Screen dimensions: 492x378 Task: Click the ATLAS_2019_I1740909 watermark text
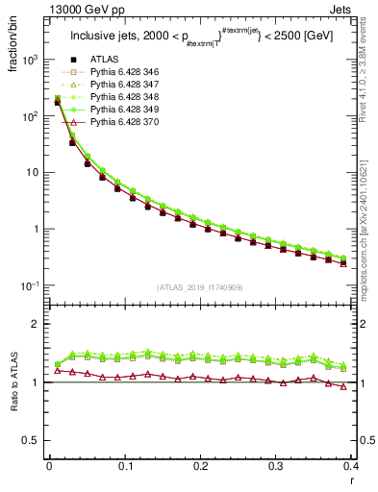click(200, 288)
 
